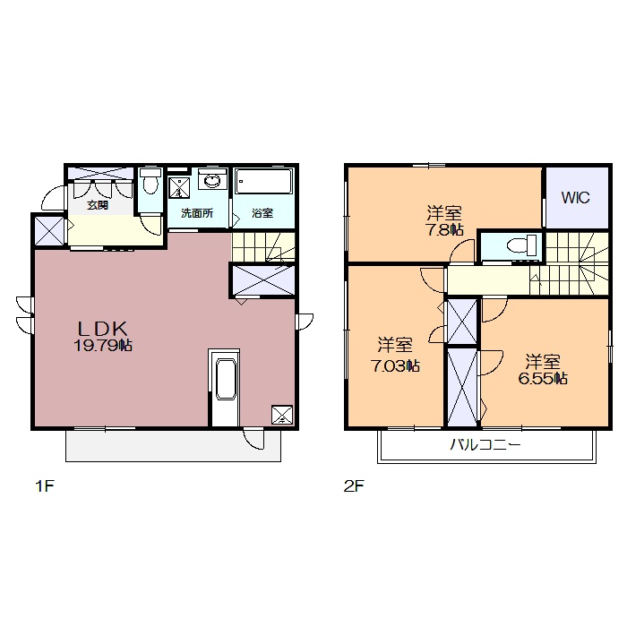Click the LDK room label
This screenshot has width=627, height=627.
point(103,329)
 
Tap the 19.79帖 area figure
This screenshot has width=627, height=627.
point(103,345)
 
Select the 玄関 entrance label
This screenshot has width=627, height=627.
point(98,205)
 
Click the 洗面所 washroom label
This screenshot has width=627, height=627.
point(197,213)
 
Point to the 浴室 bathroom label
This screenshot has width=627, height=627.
point(262,213)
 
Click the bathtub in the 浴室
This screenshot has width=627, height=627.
point(263,182)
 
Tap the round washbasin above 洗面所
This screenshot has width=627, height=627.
point(212,181)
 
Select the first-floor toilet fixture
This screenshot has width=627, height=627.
point(150,181)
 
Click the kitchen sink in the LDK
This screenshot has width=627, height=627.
point(226,379)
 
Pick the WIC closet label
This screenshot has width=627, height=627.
point(575,198)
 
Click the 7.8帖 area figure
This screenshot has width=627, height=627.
point(444,230)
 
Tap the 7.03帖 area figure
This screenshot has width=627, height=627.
point(396,365)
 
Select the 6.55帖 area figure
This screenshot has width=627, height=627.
point(543,378)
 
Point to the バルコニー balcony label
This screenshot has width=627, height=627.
point(485,444)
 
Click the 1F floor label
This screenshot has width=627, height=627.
point(45,486)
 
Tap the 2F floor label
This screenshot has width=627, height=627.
point(354,486)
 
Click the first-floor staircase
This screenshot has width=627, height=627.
point(263,246)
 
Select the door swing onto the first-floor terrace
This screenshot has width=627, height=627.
point(254,440)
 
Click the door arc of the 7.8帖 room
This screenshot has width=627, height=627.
point(459,249)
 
